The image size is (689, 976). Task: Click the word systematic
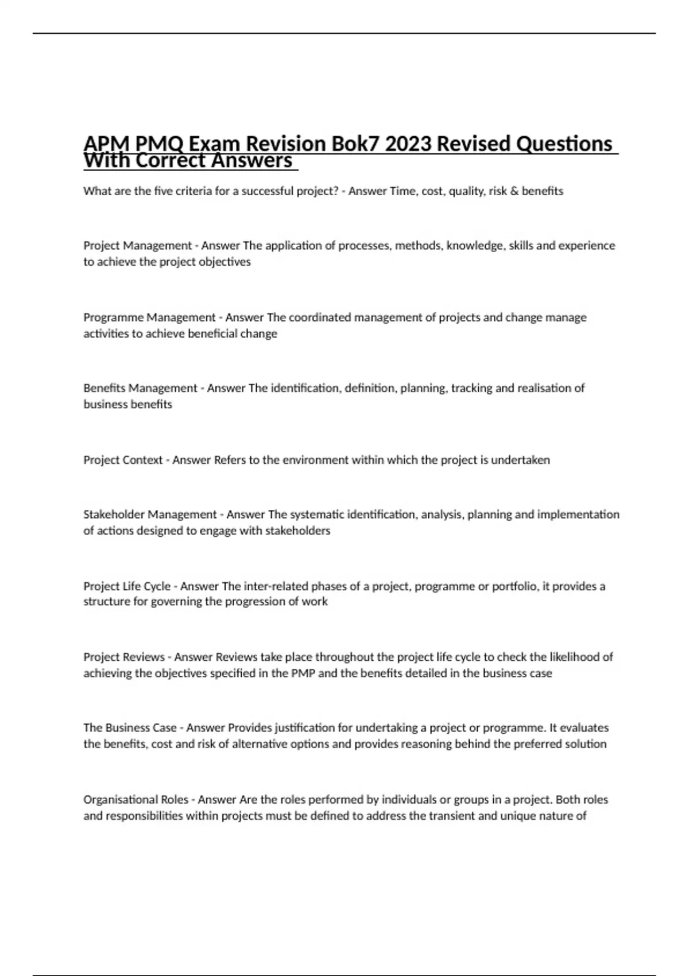[317, 514]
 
